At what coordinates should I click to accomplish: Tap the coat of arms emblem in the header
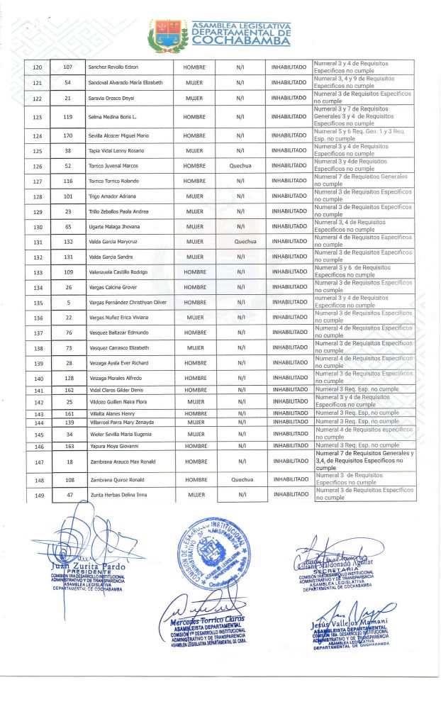click(168, 35)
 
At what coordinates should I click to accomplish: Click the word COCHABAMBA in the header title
click(241, 41)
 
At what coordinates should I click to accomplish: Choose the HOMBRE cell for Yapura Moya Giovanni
click(194, 447)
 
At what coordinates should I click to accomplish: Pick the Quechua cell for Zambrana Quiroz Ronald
click(242, 479)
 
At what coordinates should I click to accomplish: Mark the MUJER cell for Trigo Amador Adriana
click(194, 196)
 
